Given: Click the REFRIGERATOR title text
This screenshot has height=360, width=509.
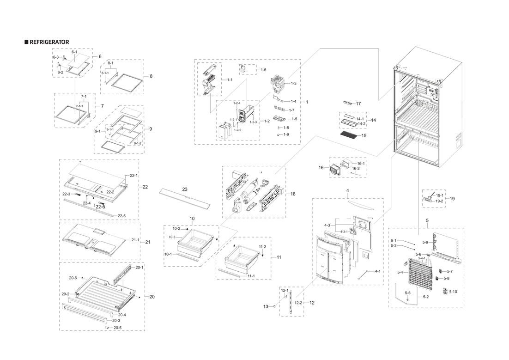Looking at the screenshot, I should (x=49, y=42).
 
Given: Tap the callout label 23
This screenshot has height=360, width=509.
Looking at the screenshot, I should (x=185, y=189).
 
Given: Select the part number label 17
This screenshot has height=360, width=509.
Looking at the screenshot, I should (x=358, y=104).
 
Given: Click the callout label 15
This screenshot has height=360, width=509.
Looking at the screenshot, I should (x=364, y=136).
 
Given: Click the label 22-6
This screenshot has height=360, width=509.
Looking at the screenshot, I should (x=100, y=207).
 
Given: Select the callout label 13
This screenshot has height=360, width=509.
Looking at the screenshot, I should (x=266, y=306).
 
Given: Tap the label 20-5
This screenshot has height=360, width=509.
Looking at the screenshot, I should (x=117, y=328).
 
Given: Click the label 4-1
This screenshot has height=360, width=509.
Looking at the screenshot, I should (x=377, y=271).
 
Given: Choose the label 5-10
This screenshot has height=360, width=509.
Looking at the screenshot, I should (x=453, y=292).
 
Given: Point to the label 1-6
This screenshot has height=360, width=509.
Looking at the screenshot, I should (x=263, y=70).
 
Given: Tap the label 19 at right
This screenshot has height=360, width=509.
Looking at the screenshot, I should (x=452, y=199).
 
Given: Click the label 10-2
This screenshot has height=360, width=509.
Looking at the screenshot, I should (x=176, y=229).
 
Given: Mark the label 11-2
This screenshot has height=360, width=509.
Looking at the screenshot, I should (x=262, y=247).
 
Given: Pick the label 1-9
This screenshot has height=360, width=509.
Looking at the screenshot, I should (x=286, y=134).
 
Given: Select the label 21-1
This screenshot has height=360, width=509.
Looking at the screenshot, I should (x=135, y=240).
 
